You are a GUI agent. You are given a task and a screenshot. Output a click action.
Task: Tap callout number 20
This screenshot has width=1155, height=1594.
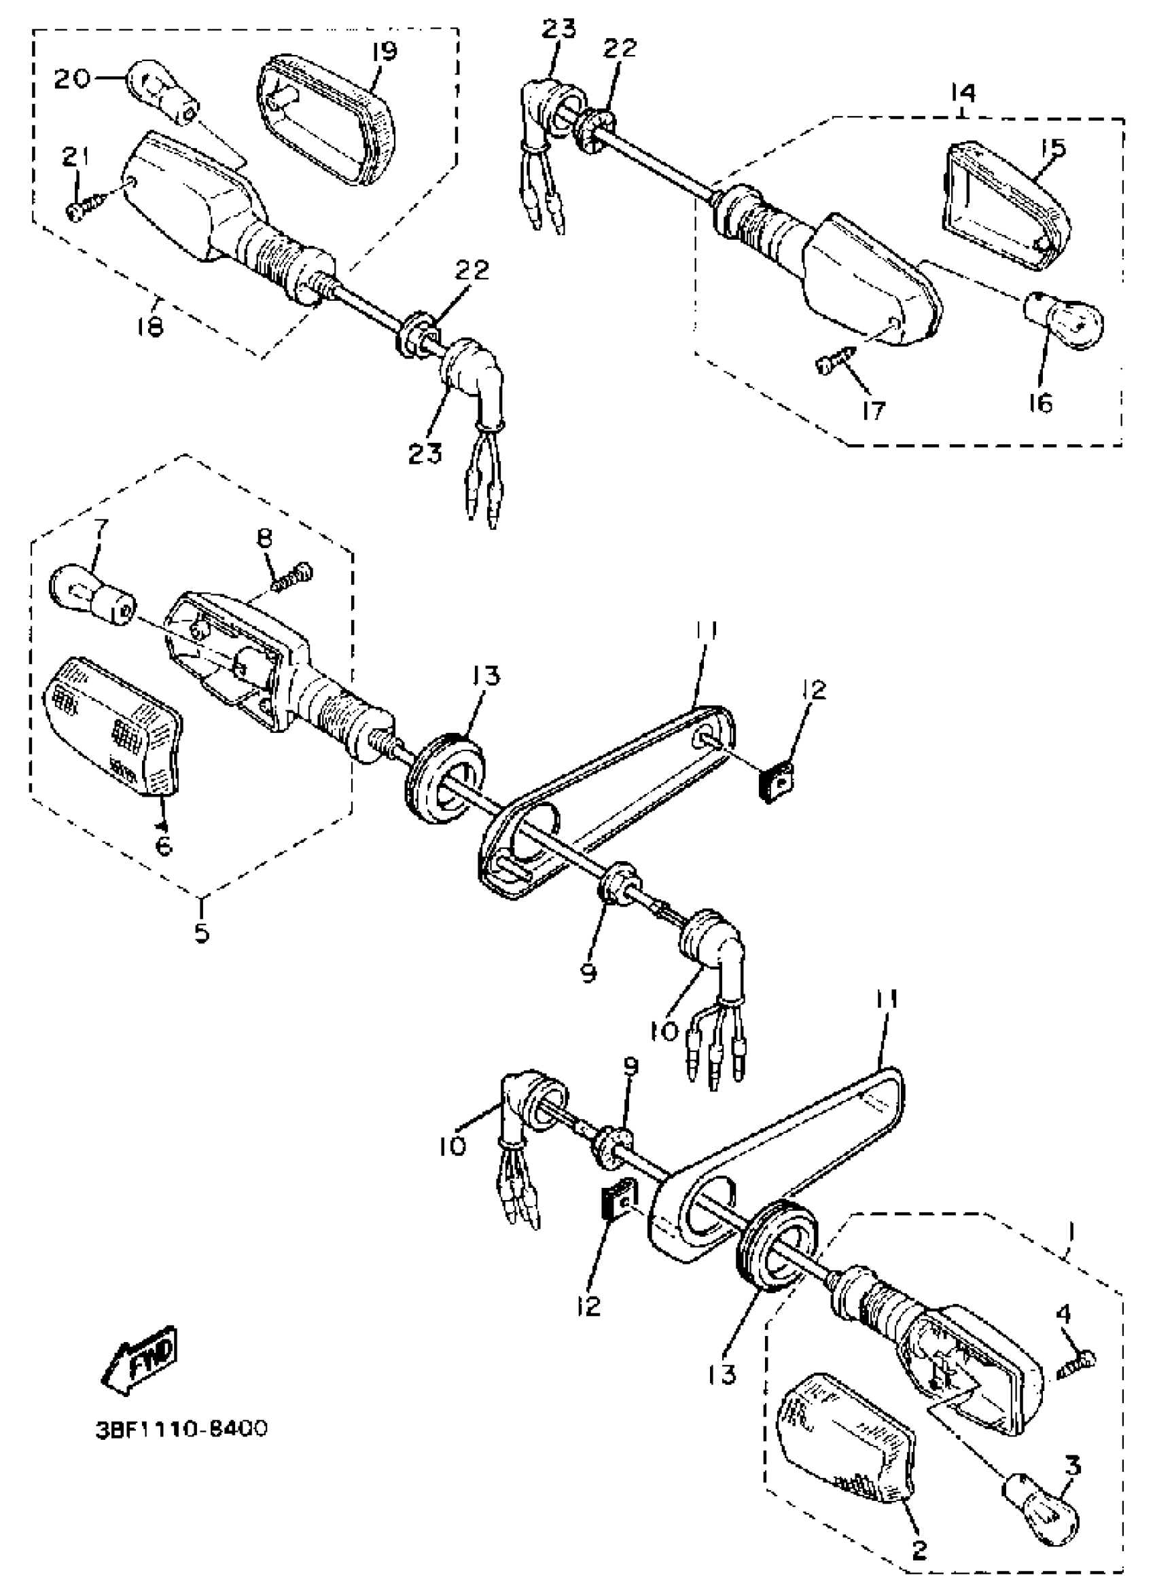[73, 79]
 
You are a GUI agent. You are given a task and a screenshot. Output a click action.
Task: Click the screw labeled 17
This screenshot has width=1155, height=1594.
[833, 365]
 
